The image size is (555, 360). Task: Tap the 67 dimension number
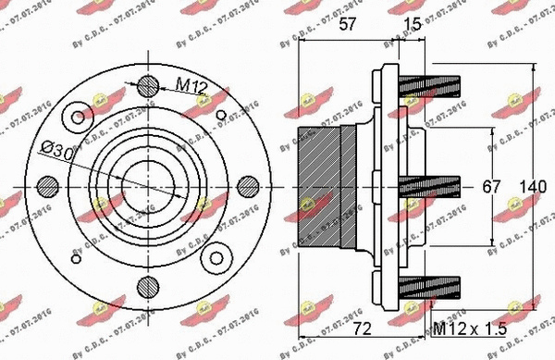491,186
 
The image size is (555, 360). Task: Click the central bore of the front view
148,186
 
